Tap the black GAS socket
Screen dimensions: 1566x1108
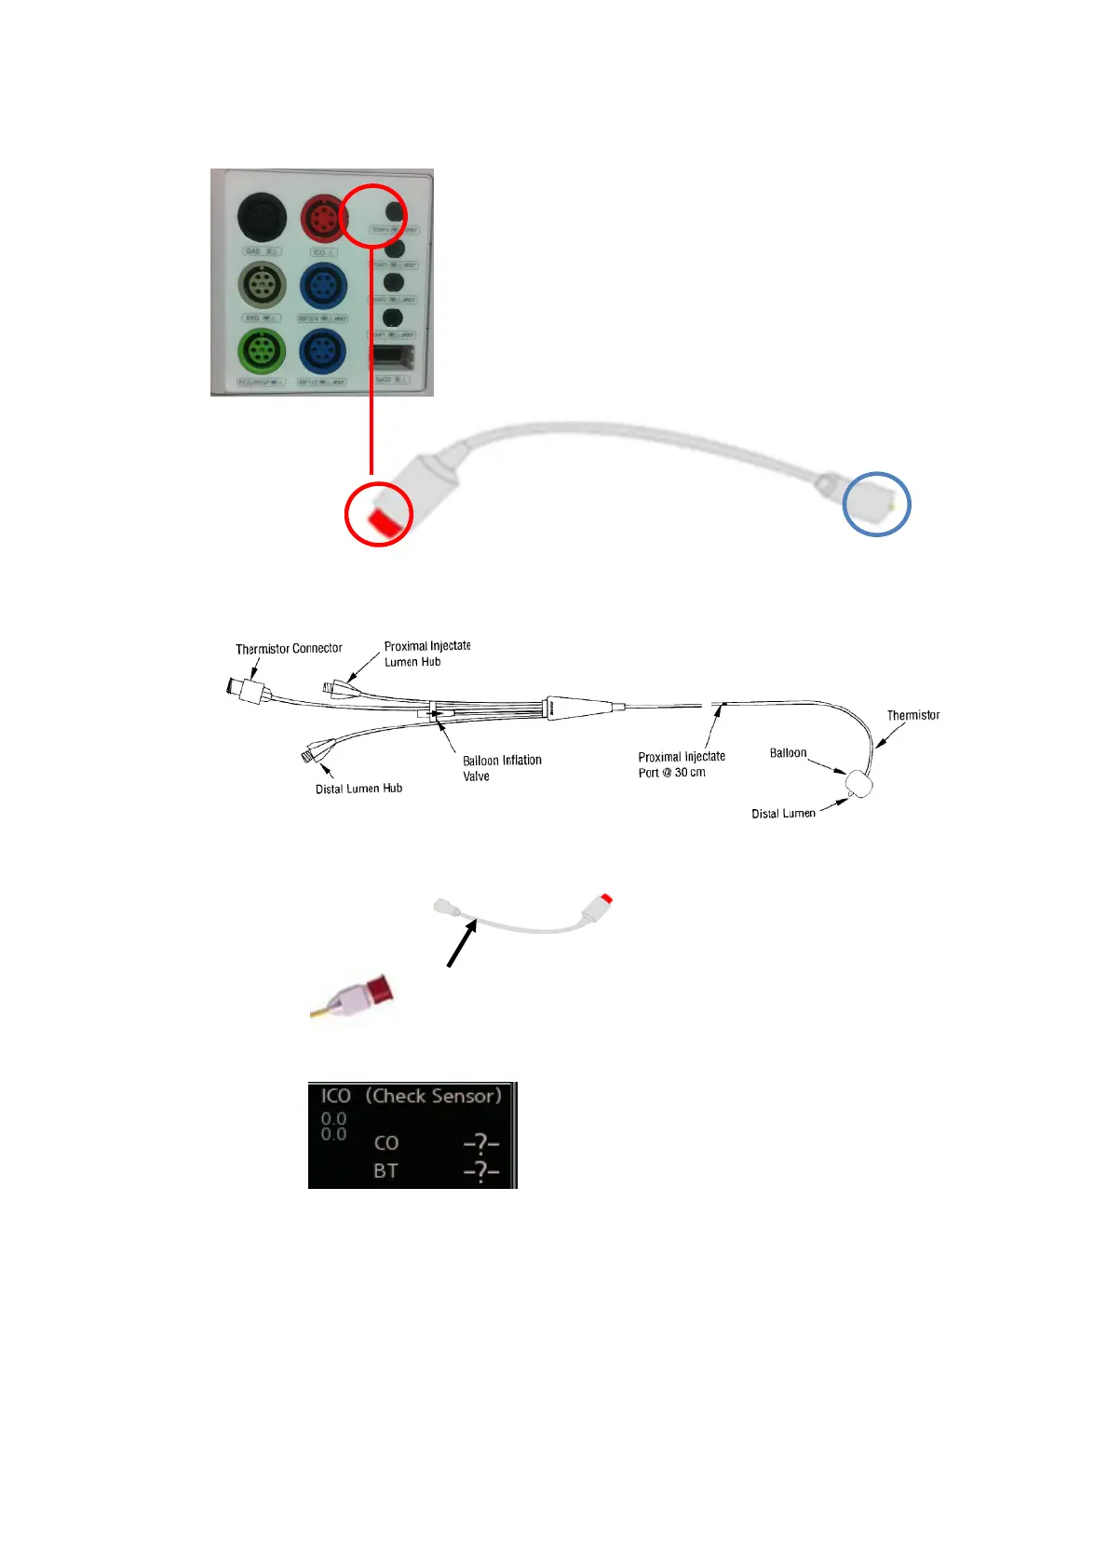262,218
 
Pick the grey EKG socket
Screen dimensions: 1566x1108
262,285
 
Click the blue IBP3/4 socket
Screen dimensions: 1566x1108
323,285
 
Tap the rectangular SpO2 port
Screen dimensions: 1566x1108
393,357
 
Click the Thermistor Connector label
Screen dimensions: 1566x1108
289,649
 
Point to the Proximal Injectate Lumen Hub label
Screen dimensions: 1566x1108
426,654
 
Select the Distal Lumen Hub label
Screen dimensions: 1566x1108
358,789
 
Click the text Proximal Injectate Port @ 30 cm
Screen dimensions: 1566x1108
681,764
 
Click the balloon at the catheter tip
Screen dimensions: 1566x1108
861,784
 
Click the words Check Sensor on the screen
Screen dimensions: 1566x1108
433,1096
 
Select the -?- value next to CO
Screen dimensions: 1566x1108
480,1143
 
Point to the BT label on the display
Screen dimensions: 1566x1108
385,1171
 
